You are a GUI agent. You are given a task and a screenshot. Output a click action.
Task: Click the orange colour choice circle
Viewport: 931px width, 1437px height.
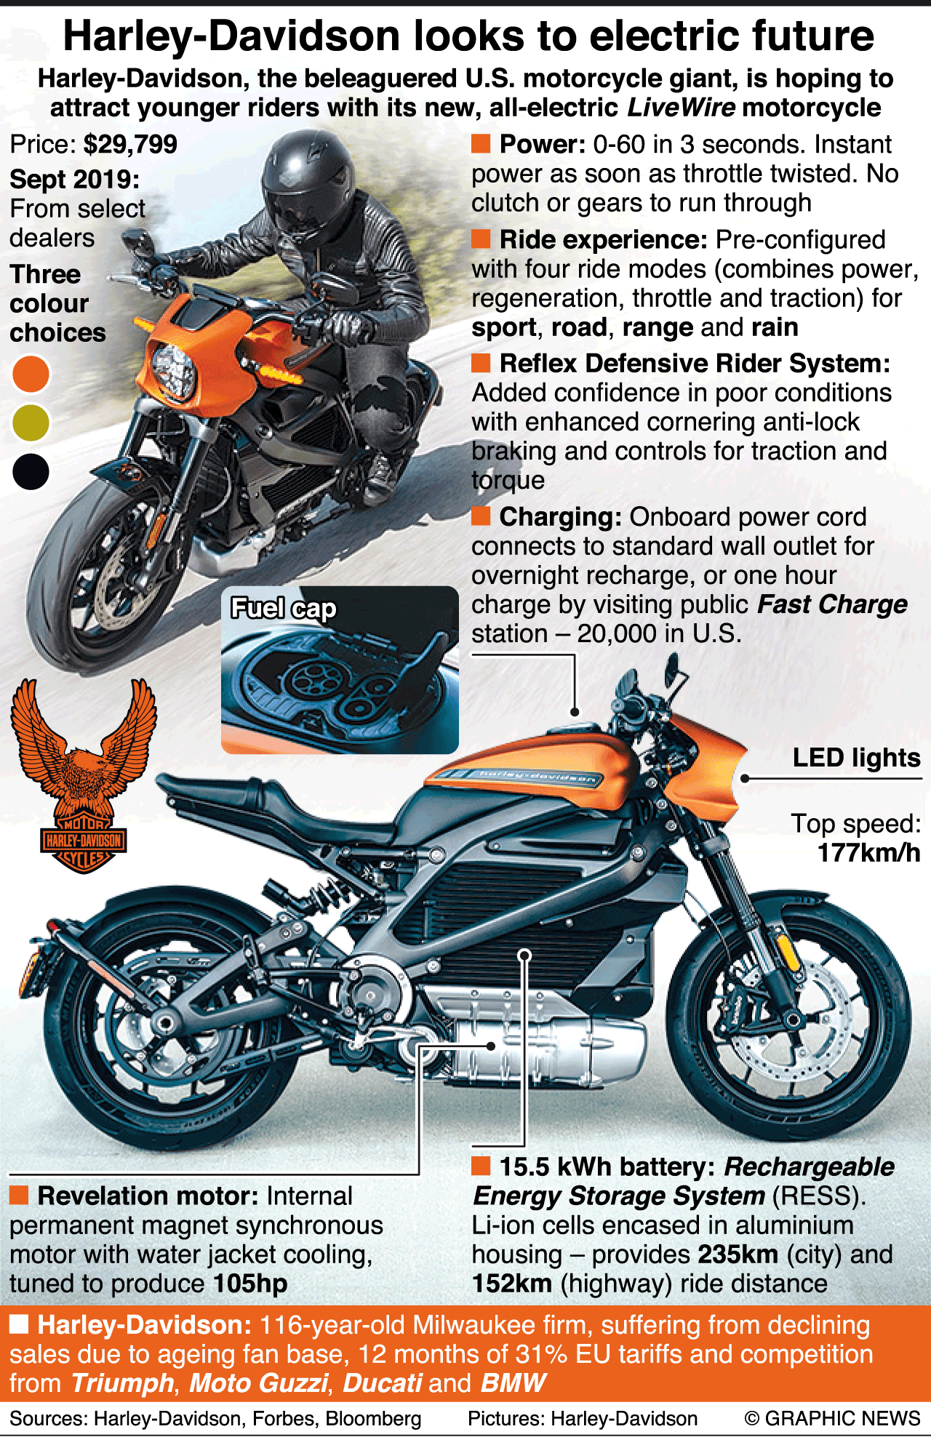31,375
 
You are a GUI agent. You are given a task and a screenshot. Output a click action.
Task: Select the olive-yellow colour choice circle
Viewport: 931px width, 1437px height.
31,423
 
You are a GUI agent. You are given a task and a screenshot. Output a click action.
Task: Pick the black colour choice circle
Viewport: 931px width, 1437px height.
31,471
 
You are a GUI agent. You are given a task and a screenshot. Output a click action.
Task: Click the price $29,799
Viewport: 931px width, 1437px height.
130,144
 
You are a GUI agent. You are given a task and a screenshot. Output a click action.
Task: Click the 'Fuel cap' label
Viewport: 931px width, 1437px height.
284,608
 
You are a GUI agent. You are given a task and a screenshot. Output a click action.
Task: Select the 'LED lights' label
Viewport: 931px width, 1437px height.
856,758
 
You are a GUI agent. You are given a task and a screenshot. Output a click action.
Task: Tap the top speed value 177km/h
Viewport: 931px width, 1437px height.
868,852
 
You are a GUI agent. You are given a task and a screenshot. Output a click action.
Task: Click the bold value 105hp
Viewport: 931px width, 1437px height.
250,1284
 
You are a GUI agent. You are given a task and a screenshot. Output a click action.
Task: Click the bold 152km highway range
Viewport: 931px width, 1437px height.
512,1284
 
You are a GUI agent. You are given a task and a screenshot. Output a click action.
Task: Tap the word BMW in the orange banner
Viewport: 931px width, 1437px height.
513,1382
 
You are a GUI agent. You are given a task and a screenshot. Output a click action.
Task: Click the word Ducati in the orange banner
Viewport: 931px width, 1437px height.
382,1382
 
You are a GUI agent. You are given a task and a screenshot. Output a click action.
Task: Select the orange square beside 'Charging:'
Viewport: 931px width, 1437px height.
481,516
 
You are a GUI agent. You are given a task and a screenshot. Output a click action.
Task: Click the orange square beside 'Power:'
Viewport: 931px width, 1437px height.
481,144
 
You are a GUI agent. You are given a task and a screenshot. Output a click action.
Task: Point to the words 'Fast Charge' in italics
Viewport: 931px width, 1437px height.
832,604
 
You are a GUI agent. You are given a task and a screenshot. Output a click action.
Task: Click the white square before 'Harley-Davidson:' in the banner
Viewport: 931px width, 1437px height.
19,1324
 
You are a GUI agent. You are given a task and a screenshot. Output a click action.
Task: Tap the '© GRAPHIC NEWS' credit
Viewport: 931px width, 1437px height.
832,1419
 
